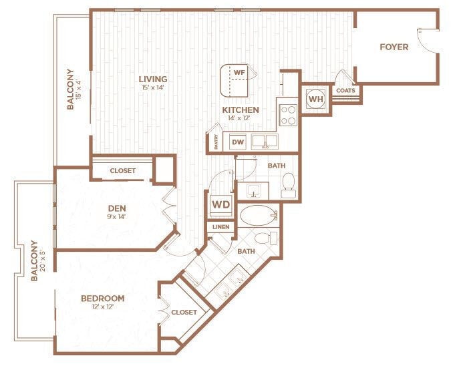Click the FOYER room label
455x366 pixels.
(x=394, y=47)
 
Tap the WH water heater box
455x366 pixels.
(x=315, y=100)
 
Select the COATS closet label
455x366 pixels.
(x=345, y=91)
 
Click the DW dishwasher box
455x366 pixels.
(x=237, y=142)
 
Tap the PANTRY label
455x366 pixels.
(x=216, y=142)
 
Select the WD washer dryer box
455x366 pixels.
(x=221, y=204)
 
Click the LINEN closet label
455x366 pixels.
(x=221, y=227)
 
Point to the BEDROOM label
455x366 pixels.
(x=103, y=298)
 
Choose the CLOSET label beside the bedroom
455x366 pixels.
(x=184, y=312)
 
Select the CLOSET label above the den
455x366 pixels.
(x=122, y=170)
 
